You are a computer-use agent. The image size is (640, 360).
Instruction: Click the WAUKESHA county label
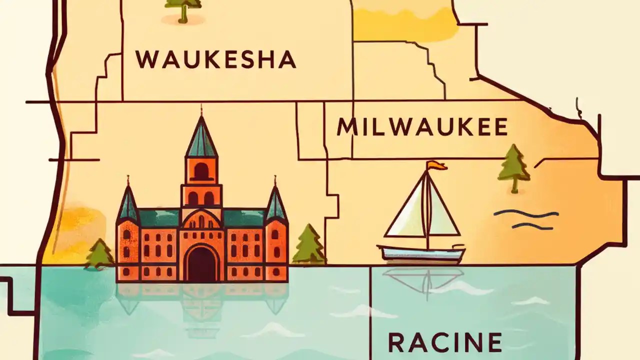pyautogui.click(x=215, y=59)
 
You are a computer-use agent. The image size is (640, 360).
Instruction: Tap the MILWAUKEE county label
pyautogui.click(x=422, y=127)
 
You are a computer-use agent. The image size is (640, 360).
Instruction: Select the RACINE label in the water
pyautogui.click(x=444, y=342)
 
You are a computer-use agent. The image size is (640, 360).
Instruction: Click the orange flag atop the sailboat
pyautogui.click(x=436, y=165)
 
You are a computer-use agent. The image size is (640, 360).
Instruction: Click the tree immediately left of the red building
pyautogui.click(x=100, y=253)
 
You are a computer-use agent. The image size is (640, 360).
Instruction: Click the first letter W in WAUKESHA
pyautogui.click(x=146, y=59)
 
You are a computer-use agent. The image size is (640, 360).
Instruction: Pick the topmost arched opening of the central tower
pyautogui.click(x=201, y=171)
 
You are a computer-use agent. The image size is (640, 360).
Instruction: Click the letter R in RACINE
pyautogui.click(x=398, y=342)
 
